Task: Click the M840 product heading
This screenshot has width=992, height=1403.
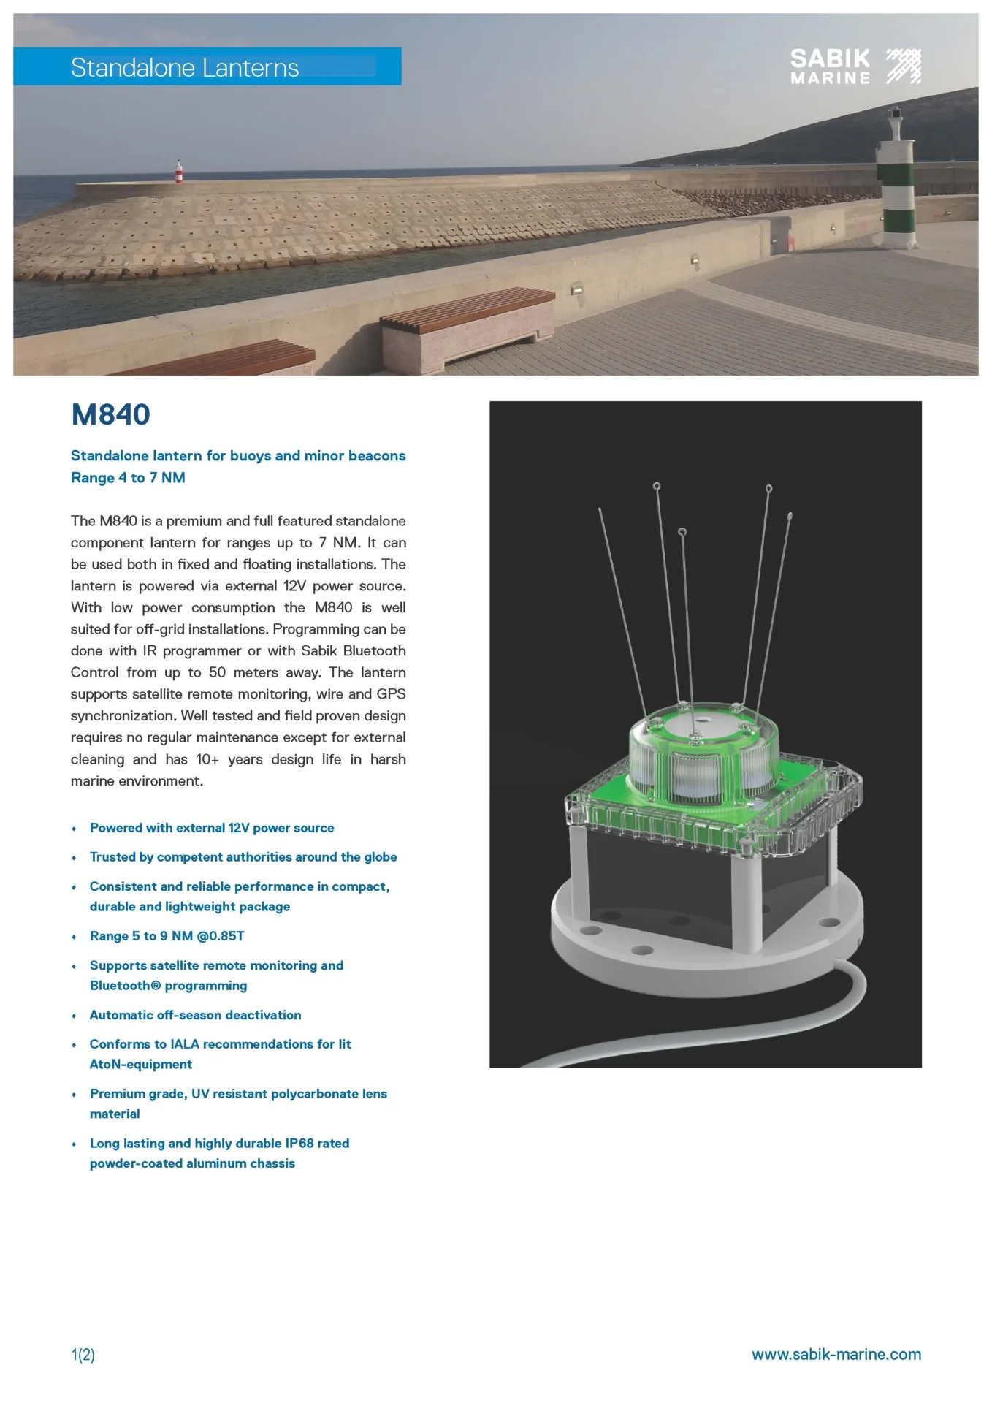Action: [110, 415]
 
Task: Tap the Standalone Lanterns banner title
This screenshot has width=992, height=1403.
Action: [185, 68]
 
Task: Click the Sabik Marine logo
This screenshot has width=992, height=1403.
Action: [855, 66]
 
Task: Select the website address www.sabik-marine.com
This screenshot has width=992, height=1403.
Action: [836, 1354]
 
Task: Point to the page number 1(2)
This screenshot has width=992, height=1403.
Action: [83, 1355]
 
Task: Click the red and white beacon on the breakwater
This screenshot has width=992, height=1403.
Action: [178, 172]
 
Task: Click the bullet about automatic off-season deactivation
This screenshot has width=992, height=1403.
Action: [195, 1015]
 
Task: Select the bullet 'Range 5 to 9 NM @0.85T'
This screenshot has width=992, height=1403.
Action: [167, 936]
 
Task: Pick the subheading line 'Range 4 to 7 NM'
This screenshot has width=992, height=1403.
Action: [128, 478]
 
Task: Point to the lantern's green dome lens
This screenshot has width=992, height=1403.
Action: [701, 753]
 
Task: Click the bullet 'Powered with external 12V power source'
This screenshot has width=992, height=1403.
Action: [211, 828]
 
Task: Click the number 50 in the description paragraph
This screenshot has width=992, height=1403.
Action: [217, 672]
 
